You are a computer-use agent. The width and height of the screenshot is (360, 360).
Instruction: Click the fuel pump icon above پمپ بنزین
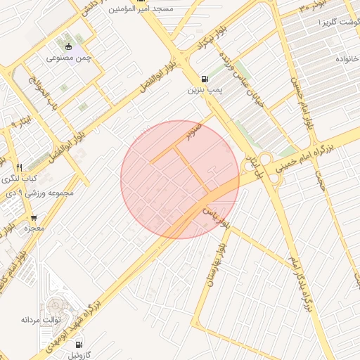tap(205, 79)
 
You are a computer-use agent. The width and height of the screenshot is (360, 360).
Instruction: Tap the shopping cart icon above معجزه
tap(33, 218)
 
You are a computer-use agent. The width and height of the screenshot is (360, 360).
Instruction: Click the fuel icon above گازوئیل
tap(78, 345)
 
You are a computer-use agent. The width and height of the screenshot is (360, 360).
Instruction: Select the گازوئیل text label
tap(82, 356)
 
